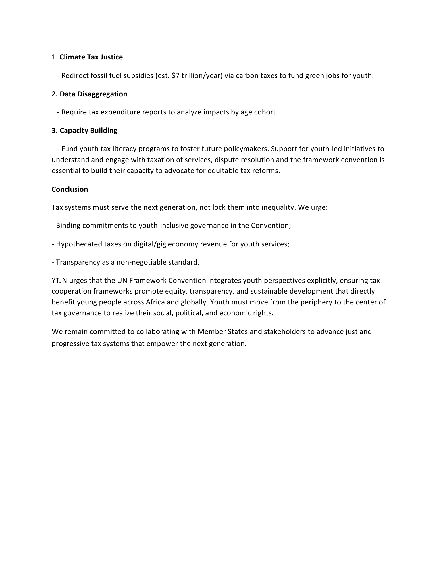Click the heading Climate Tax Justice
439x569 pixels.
[x=91, y=57]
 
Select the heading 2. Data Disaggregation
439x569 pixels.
[x=89, y=94]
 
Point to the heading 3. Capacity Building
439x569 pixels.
[x=84, y=131]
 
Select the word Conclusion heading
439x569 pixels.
[x=70, y=189]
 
